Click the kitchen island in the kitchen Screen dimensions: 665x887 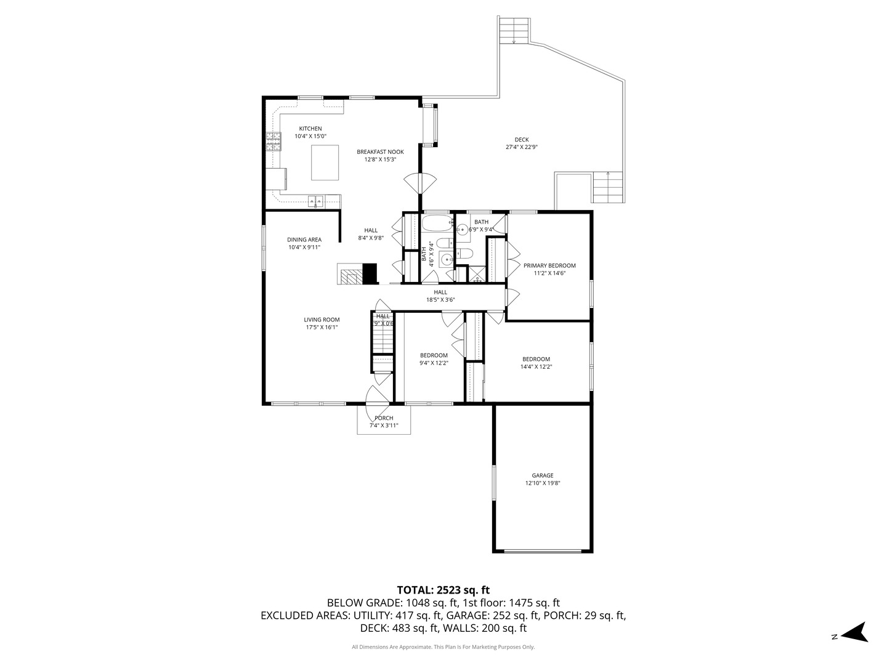tap(325, 163)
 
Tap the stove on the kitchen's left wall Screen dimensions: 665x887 tap(273, 142)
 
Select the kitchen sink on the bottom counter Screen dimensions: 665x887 tap(316, 200)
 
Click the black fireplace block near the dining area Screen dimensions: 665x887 tap(370, 273)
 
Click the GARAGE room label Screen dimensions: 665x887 tap(542, 475)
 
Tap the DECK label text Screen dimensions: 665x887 tap(522, 140)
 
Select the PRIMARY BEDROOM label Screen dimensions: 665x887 tap(549, 265)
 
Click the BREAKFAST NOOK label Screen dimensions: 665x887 tap(380, 151)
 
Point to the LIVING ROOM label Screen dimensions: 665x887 tap(322, 320)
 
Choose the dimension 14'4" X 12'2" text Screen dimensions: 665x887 tap(536, 367)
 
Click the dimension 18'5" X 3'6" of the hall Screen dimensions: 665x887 tap(440, 300)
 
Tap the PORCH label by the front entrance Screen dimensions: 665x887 tap(384, 418)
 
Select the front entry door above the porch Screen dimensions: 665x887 tap(378, 395)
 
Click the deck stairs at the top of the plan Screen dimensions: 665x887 tap(514, 30)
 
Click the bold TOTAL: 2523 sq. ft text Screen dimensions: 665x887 tap(443, 590)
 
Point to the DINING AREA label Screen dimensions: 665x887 tap(304, 240)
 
